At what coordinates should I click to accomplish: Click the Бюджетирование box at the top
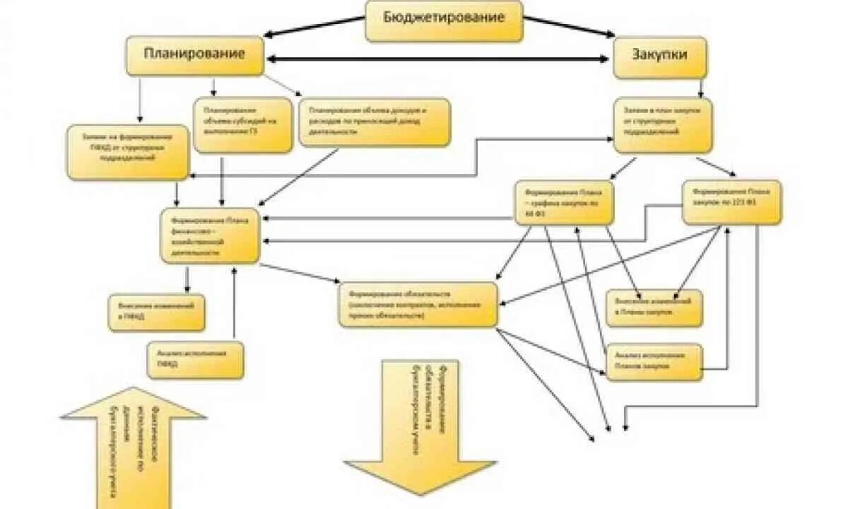pyautogui.click(x=444, y=20)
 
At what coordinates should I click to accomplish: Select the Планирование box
pyautogui.click(x=195, y=55)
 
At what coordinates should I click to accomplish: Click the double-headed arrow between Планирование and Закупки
pyautogui.click(x=438, y=59)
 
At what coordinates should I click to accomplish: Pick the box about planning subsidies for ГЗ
pyautogui.click(x=242, y=124)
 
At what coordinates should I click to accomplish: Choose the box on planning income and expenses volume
pyautogui.click(x=374, y=122)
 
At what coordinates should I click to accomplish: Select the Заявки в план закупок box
pyautogui.click(x=662, y=125)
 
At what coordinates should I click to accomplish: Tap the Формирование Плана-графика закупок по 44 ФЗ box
pyautogui.click(x=564, y=203)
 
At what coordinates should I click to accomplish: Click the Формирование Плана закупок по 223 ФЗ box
pyautogui.click(x=731, y=202)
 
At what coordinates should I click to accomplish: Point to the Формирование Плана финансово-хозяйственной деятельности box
pyautogui.click(x=210, y=235)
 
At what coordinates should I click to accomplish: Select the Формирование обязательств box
pyautogui.click(x=418, y=305)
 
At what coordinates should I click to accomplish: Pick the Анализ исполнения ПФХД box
pyautogui.click(x=196, y=360)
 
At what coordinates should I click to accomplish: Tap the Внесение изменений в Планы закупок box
pyautogui.click(x=654, y=308)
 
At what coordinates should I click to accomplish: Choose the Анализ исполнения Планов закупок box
pyautogui.click(x=654, y=362)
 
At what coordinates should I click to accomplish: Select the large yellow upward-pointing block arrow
pyautogui.click(x=133, y=445)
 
